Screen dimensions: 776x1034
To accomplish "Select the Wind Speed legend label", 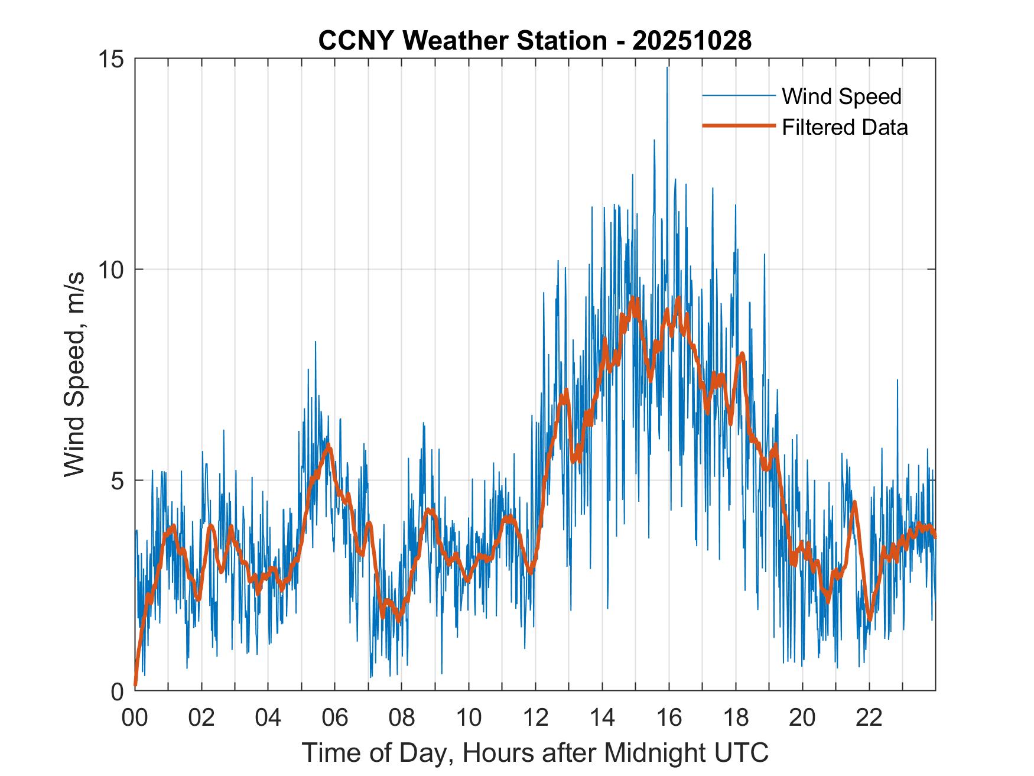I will pos(841,96).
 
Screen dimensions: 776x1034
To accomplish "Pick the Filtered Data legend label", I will pos(844,127).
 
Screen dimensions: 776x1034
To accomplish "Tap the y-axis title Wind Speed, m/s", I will pos(74,374).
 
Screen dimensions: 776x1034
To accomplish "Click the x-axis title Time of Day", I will pos(535,752).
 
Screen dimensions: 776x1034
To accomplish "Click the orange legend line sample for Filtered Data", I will pos(738,126).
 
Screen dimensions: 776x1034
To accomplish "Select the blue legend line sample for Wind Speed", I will pos(738,96).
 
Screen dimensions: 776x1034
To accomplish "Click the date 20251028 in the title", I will pos(692,41).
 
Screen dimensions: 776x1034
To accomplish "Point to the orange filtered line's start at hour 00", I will pos(136,684).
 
